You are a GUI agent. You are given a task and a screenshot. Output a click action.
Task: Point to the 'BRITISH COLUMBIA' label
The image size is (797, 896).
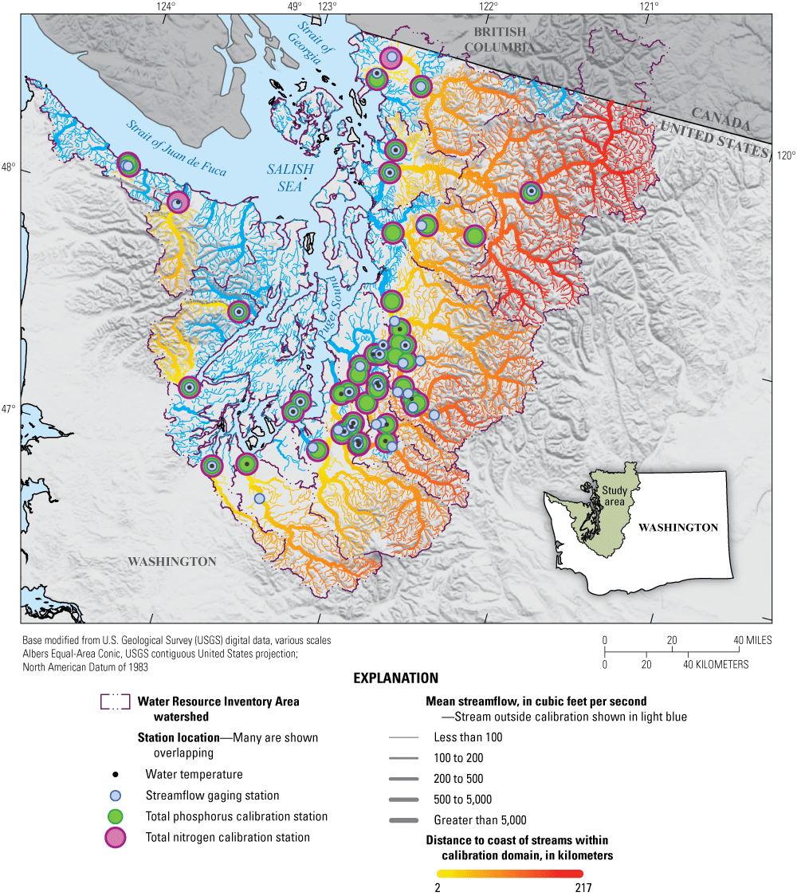click(x=500, y=39)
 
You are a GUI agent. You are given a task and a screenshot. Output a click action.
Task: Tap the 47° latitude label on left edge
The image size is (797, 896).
click(x=8, y=409)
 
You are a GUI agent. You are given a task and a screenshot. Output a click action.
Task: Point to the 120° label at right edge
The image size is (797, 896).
click(x=786, y=155)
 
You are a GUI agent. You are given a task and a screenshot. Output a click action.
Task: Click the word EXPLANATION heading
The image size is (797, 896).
click(x=396, y=678)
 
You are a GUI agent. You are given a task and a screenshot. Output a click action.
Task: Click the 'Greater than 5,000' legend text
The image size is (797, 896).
click(x=480, y=820)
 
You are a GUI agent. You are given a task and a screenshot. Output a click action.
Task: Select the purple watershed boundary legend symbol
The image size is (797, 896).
click(x=115, y=701)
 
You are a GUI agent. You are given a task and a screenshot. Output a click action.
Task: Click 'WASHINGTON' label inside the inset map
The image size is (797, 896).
click(x=677, y=528)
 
